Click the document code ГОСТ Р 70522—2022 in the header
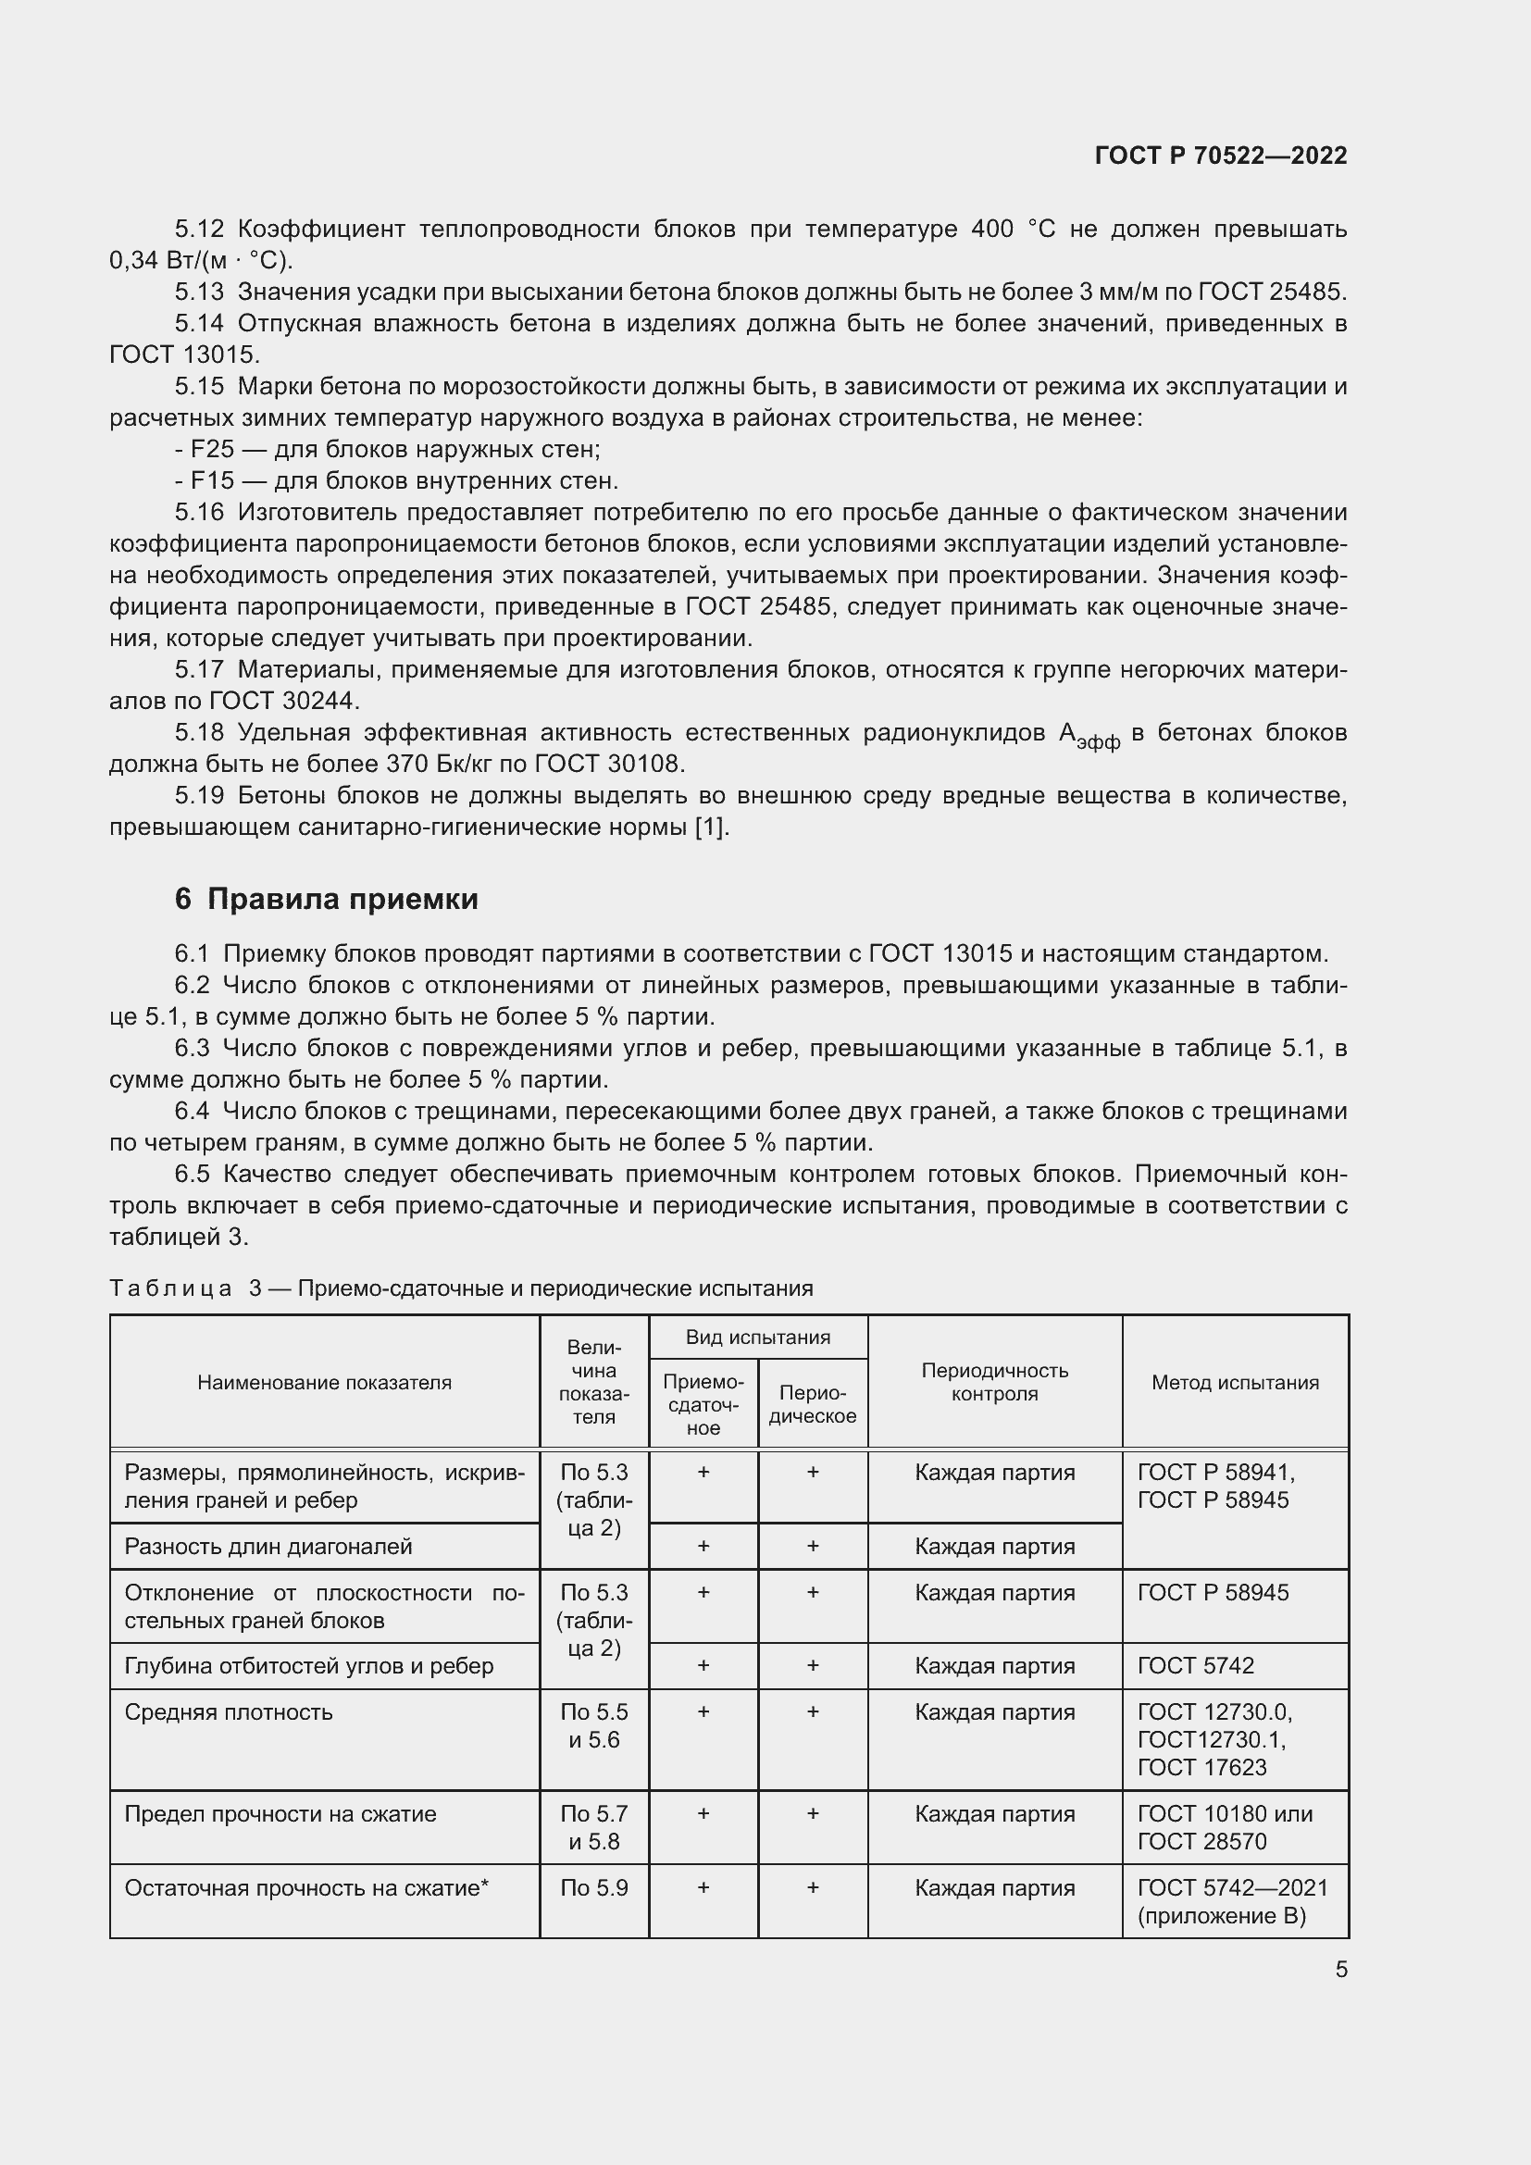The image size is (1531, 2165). click(1220, 156)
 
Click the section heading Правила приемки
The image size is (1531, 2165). click(342, 899)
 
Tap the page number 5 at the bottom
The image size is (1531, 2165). click(1340, 1969)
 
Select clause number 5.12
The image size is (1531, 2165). click(199, 230)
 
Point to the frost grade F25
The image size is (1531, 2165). click(212, 449)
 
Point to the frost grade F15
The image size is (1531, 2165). click(212, 481)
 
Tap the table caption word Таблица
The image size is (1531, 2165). click(170, 1288)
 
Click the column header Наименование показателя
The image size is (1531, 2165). click(324, 1382)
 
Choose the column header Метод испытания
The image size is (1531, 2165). click(1235, 1382)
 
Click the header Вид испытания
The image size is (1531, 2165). click(758, 1338)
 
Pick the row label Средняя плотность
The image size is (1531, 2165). click(228, 1711)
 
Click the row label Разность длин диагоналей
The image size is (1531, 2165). click(268, 1546)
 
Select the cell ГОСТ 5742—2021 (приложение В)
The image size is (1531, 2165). click(1232, 1901)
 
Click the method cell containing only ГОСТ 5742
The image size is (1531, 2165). click(1195, 1665)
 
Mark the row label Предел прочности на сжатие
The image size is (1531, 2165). click(280, 1813)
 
